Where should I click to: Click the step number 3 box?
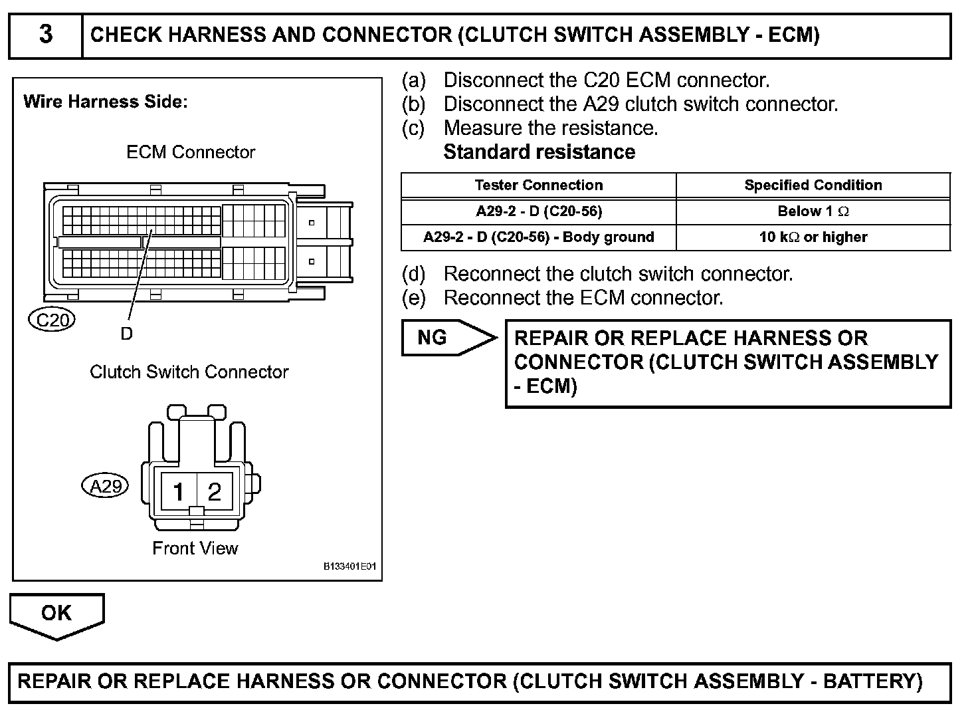(45, 35)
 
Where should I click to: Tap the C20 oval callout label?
(52, 320)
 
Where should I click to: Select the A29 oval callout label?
(105, 487)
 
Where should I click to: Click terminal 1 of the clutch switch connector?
(177, 492)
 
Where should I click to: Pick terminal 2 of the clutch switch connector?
(214, 492)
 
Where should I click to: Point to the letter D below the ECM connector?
(126, 334)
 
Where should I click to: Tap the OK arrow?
(56, 615)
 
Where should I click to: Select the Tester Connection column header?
(538, 185)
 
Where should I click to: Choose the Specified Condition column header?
(813, 185)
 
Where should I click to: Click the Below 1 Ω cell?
(813, 211)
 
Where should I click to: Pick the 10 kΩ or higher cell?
(813, 237)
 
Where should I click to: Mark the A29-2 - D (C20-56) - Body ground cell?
(538, 237)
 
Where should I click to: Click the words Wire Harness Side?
(106, 102)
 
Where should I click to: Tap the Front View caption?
(195, 548)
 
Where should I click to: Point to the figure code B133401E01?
(349, 567)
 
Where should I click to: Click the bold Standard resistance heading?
(539, 152)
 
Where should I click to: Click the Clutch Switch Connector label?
(189, 372)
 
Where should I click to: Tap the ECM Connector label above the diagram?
(191, 152)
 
